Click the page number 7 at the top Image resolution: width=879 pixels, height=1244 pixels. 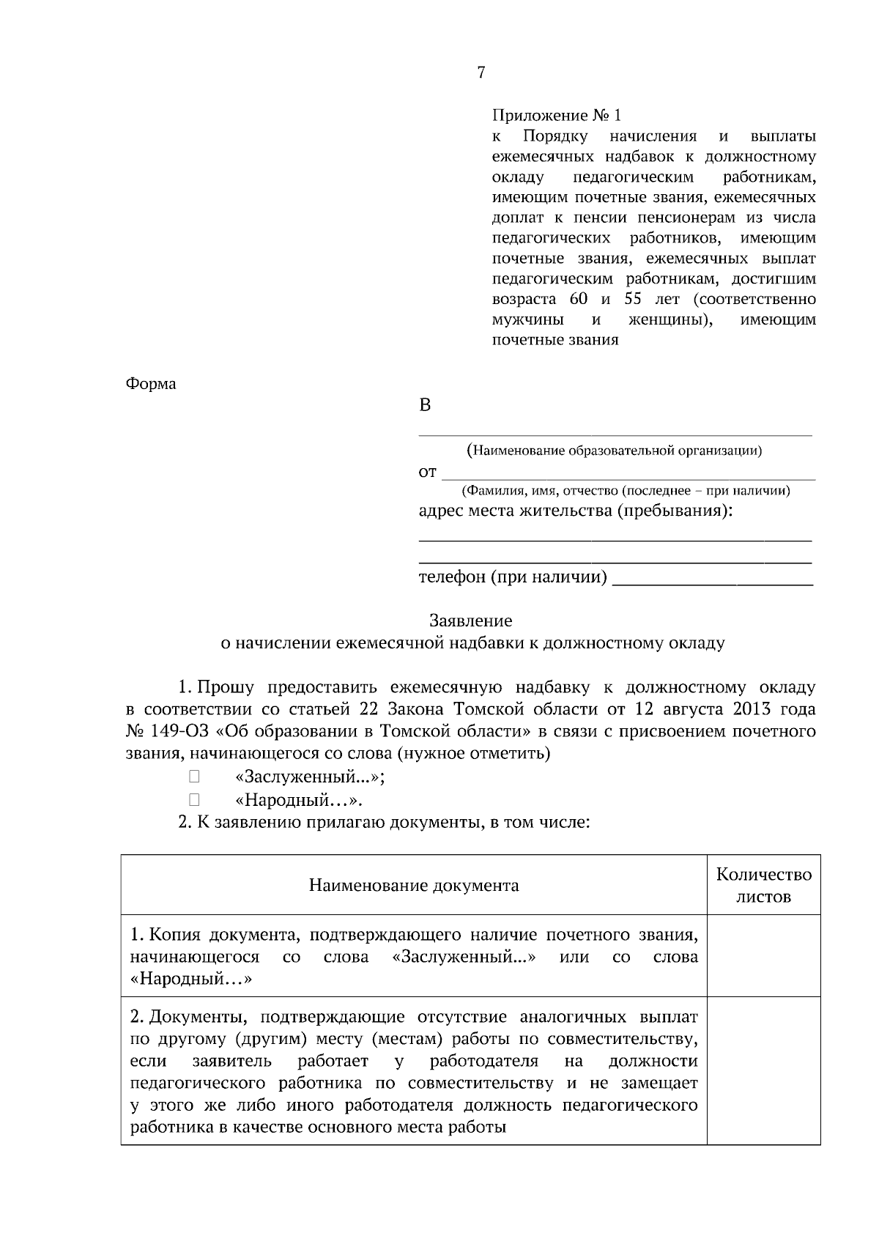[481, 73]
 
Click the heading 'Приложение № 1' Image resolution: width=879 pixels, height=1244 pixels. [556, 116]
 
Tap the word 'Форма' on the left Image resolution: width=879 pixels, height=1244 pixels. [151, 384]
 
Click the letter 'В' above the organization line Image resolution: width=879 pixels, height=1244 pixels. [425, 406]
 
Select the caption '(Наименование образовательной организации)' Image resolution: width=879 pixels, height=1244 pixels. [615, 451]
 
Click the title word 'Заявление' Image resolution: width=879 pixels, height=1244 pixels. [470, 621]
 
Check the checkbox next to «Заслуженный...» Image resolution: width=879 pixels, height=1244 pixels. [194, 777]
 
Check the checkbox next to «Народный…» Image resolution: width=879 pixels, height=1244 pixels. [194, 799]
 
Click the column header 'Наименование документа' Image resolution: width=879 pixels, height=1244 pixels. [414, 886]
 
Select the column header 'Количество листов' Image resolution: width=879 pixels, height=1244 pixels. [763, 885]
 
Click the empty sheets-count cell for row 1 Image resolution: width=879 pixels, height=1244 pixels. [763, 956]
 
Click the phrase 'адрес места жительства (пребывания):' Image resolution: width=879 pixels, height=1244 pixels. [575, 511]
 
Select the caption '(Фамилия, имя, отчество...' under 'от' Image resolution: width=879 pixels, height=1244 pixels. [625, 491]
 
